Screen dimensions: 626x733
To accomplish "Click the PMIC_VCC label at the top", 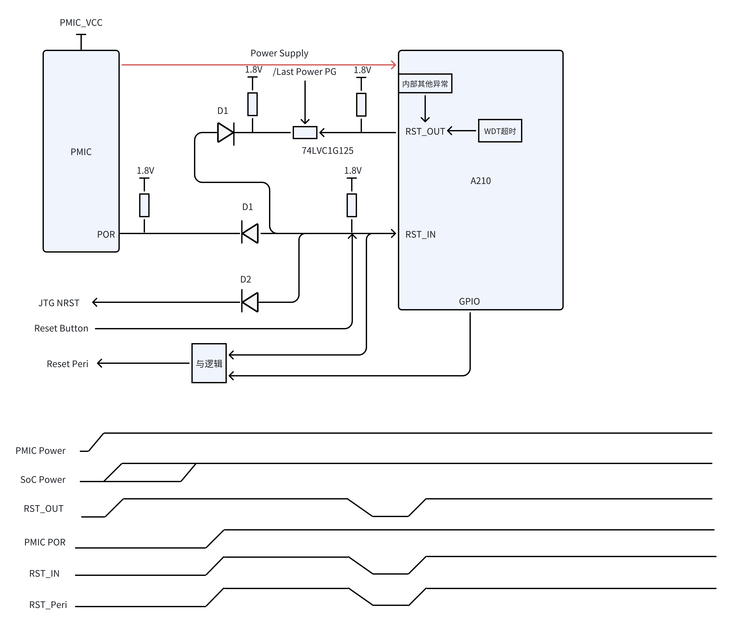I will [81, 23].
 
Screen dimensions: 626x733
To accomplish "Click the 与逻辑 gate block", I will [209, 363].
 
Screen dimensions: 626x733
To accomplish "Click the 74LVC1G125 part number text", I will [327, 151].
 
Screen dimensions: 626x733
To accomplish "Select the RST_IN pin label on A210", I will [420, 234].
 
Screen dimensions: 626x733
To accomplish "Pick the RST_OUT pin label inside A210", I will [425, 131].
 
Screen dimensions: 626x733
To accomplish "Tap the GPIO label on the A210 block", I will [469, 301].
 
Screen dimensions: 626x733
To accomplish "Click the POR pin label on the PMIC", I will [106, 234].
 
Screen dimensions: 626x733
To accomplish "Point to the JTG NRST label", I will [59, 303].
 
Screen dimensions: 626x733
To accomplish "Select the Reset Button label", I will [61, 328].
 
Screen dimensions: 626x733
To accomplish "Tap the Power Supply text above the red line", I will [279, 53].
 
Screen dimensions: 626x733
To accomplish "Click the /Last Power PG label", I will [304, 72].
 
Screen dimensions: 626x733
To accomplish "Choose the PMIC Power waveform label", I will [40, 451].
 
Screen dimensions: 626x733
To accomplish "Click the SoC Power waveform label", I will [43, 480].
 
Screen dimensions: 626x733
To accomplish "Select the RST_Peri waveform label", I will [48, 605].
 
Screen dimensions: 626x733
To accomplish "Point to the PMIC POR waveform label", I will [45, 542].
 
